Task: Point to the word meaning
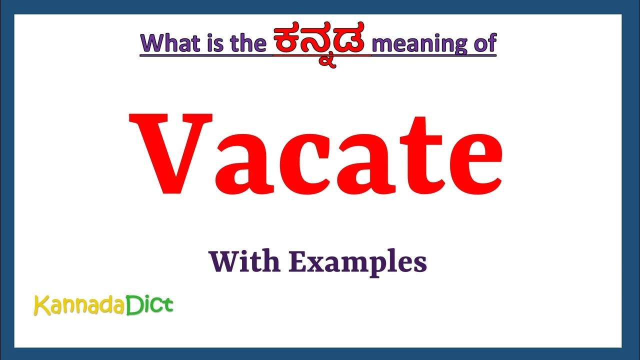pyautogui.click(x=419, y=44)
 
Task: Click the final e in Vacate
pyautogui.click(x=470, y=164)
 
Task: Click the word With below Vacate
pyautogui.click(x=243, y=261)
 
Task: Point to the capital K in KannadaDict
pyautogui.click(x=41, y=305)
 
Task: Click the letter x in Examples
pyautogui.click(x=309, y=263)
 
